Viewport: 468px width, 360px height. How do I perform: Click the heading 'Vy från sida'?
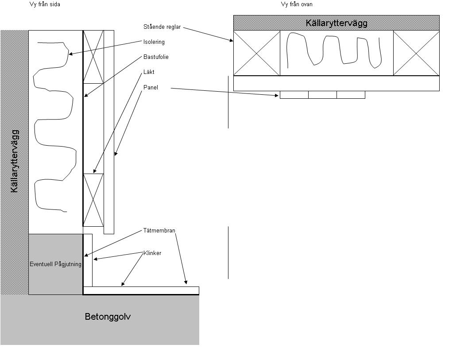(x=45, y=4)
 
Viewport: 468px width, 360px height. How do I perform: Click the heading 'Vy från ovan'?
(x=297, y=4)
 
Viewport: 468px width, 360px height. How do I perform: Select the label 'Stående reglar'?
(x=162, y=27)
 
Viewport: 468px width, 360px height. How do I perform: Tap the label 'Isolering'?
(x=154, y=42)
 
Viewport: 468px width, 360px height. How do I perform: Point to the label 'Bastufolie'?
(x=156, y=57)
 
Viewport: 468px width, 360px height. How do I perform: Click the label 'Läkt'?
(x=149, y=72)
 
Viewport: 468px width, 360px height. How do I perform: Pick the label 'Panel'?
(x=151, y=88)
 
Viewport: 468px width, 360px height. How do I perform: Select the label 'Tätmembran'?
(x=159, y=230)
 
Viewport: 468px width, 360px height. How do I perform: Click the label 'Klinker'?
(x=152, y=253)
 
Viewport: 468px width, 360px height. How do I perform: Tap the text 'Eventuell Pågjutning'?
(x=55, y=264)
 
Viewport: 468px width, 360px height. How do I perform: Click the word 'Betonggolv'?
(x=108, y=317)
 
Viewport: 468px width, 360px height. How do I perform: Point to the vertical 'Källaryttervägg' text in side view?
(x=15, y=161)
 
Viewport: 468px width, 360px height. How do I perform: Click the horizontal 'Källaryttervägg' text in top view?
(x=336, y=23)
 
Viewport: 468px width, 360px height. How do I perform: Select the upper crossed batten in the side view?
(x=93, y=57)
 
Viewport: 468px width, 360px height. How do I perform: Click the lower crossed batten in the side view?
(x=93, y=200)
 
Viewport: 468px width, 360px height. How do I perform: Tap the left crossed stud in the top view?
(x=257, y=53)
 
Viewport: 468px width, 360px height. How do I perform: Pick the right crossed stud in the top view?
(x=416, y=53)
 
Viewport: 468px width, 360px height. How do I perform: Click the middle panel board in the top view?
(x=322, y=95)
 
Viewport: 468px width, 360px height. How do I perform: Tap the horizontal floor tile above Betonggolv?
(x=141, y=290)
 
